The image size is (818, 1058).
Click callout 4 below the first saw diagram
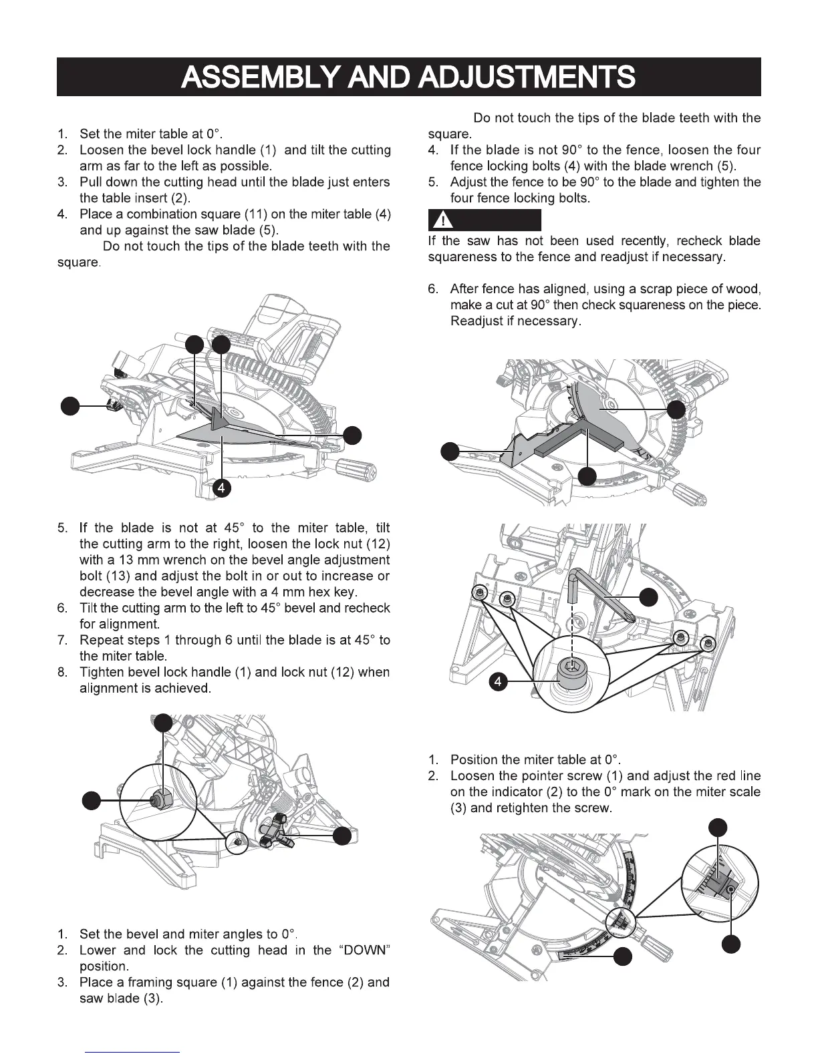221,488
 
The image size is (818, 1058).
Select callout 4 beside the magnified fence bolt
498,681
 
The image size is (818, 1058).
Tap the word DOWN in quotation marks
362,950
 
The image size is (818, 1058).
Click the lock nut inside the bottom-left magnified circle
160,797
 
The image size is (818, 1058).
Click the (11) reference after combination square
257,214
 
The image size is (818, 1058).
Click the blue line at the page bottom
133,1052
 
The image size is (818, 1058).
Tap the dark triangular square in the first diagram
220,419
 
